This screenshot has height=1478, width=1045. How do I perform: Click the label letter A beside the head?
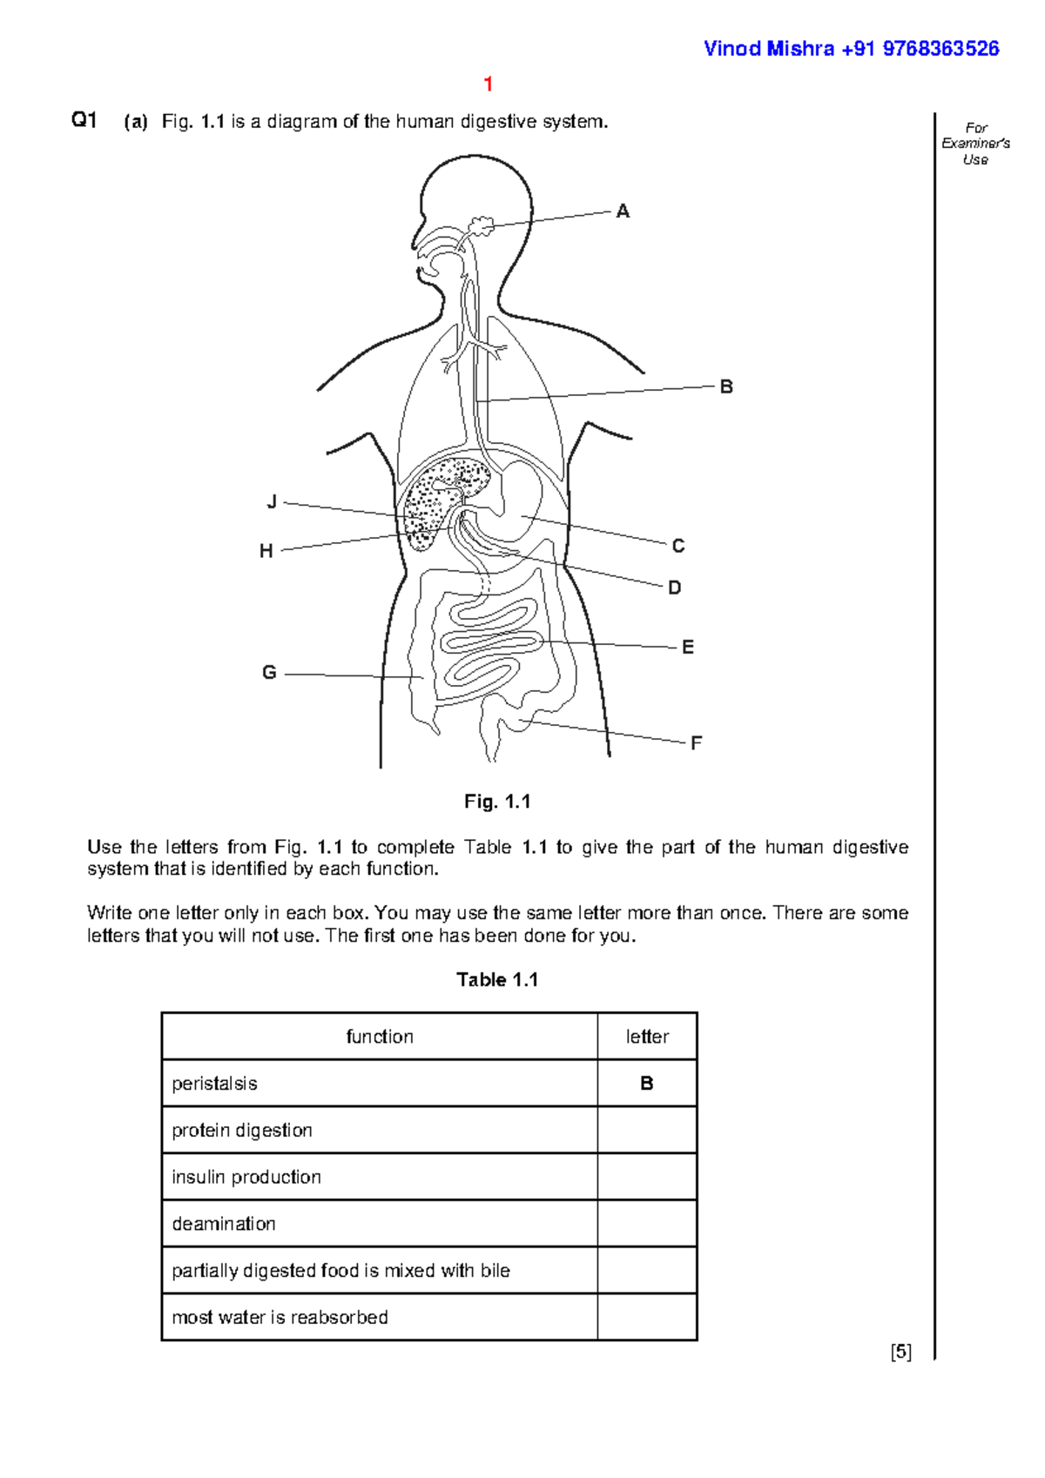click(623, 212)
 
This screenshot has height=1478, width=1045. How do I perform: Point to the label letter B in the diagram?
click(726, 387)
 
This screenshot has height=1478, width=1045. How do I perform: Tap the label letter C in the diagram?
click(678, 546)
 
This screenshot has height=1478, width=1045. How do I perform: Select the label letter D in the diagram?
click(675, 588)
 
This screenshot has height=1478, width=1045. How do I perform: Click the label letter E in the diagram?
click(688, 648)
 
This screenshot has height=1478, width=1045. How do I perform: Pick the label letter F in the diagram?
click(696, 743)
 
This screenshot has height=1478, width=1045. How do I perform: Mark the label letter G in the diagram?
click(269, 673)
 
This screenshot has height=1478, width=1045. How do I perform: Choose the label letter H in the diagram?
click(266, 551)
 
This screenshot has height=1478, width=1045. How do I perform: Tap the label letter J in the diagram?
click(272, 502)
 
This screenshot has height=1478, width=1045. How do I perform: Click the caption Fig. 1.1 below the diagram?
click(497, 802)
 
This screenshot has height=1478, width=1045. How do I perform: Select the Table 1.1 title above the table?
click(497, 980)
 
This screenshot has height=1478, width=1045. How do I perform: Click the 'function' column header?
click(380, 1037)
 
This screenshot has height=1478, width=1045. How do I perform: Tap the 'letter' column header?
click(647, 1037)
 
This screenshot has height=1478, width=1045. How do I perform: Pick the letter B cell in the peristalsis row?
click(647, 1084)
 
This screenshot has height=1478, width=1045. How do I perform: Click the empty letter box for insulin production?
click(647, 1177)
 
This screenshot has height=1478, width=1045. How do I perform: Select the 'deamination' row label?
click(224, 1224)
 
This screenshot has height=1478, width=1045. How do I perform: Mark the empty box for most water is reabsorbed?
click(647, 1317)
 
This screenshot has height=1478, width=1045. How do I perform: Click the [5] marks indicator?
click(900, 1352)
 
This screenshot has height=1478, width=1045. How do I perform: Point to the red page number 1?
click(489, 84)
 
